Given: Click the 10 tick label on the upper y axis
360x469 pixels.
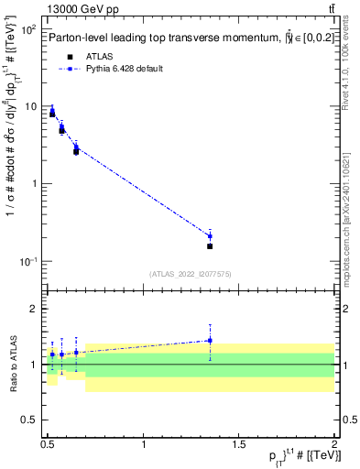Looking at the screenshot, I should point(31,107).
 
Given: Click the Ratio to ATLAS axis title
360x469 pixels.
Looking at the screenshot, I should point(12,365).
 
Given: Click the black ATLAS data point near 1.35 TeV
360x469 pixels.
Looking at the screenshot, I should point(210,245).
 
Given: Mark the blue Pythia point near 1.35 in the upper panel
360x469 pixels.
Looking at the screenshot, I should point(210,236).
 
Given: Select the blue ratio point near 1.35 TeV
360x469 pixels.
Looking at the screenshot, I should point(210,341).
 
